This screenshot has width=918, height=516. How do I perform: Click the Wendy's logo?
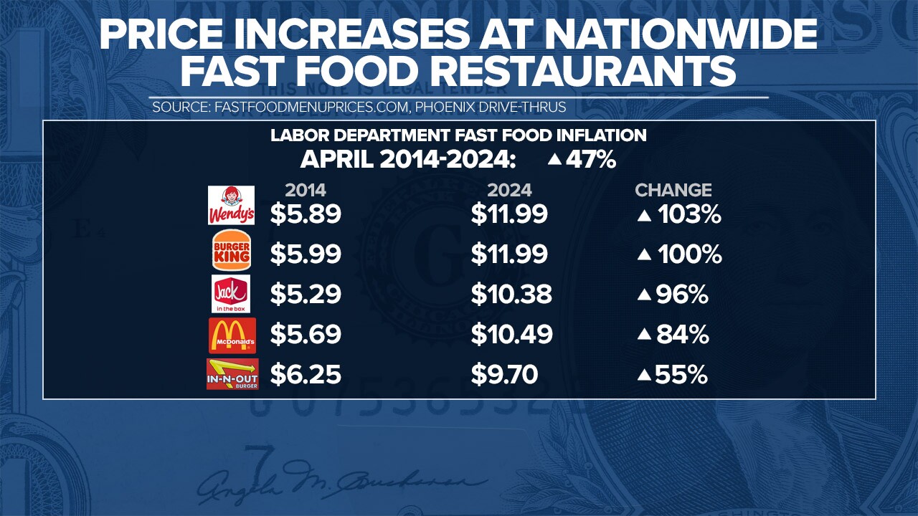coord(231,205)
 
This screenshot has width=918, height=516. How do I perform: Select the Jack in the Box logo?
coord(231,294)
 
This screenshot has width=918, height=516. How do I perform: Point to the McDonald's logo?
coord(232,335)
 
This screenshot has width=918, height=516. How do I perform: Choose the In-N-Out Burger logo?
coord(232,375)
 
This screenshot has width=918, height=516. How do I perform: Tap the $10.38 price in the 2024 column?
coord(511,295)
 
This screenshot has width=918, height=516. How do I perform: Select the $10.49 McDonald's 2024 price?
coord(511,335)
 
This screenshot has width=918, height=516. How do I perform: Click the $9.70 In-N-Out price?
coord(504,375)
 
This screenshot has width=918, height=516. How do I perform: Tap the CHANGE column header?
coord(673,190)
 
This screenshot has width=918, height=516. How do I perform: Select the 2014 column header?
coord(306,190)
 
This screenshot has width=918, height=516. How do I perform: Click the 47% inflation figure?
coord(590,159)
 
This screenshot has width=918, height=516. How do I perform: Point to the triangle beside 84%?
coord(644,335)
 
